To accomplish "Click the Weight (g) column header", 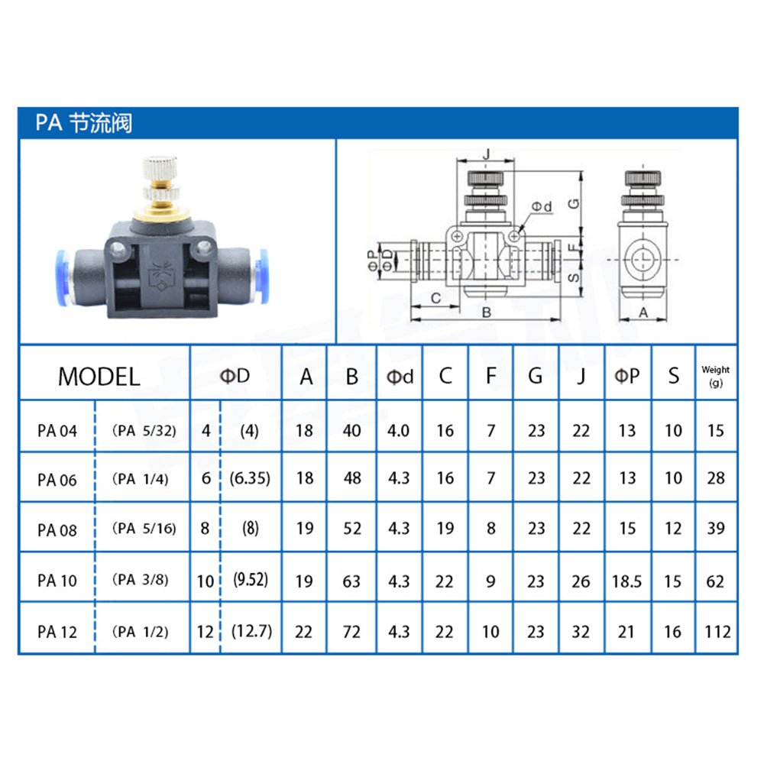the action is tap(715, 376).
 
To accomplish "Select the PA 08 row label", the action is tap(57, 529).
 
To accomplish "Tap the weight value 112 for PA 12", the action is tap(717, 632).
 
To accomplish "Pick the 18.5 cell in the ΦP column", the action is tap(626, 581).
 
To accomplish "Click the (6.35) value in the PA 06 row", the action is tap(250, 478).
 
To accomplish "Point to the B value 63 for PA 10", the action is tap(351, 581).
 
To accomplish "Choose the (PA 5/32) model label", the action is tap(144, 431).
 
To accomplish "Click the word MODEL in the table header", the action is tap(99, 377).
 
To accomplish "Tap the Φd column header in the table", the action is tap(400, 377).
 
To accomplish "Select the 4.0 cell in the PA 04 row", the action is tap(398, 431).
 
